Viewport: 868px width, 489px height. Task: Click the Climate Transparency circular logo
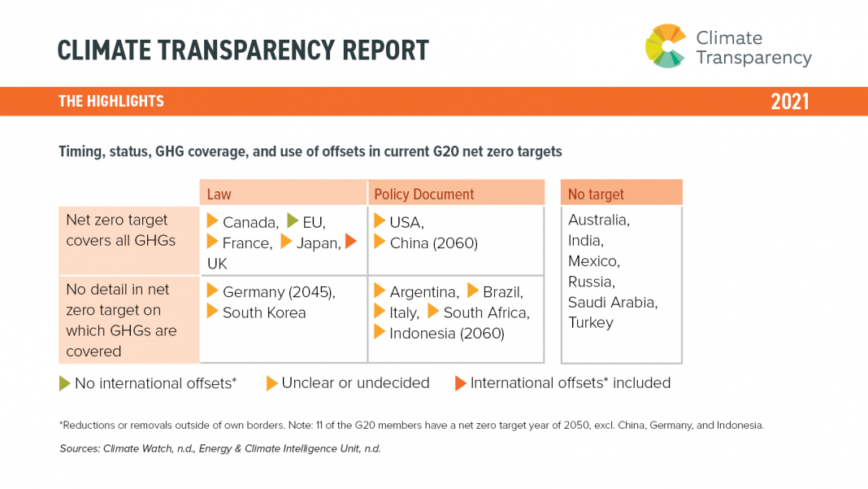tap(665, 46)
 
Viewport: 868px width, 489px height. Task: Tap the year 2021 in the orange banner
tap(789, 102)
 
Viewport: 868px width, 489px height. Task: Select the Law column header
tap(219, 194)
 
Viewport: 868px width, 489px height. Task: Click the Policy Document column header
tap(423, 194)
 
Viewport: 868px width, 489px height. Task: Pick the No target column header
tap(596, 194)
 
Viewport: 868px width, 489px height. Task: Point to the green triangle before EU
tap(293, 220)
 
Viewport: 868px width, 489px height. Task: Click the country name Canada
tap(250, 222)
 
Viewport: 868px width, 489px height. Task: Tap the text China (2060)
tap(433, 243)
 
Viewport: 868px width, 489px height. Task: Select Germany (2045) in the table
tap(279, 292)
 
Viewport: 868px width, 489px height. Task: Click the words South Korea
tap(264, 312)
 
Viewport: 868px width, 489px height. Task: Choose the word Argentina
tap(423, 292)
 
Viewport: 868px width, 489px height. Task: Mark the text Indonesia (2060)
tap(447, 333)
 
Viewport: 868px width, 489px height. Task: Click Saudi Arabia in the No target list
tap(613, 302)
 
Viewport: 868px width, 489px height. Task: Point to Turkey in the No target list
tap(591, 322)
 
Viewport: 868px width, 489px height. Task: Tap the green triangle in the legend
tap(65, 383)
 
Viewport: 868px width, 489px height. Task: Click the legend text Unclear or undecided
tap(355, 382)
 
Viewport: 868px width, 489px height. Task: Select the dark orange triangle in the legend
tap(461, 383)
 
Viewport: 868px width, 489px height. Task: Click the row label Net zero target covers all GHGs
tap(120, 230)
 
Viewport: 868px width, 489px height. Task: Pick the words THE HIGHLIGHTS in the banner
tap(111, 102)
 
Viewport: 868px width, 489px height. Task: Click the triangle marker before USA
tap(380, 221)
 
